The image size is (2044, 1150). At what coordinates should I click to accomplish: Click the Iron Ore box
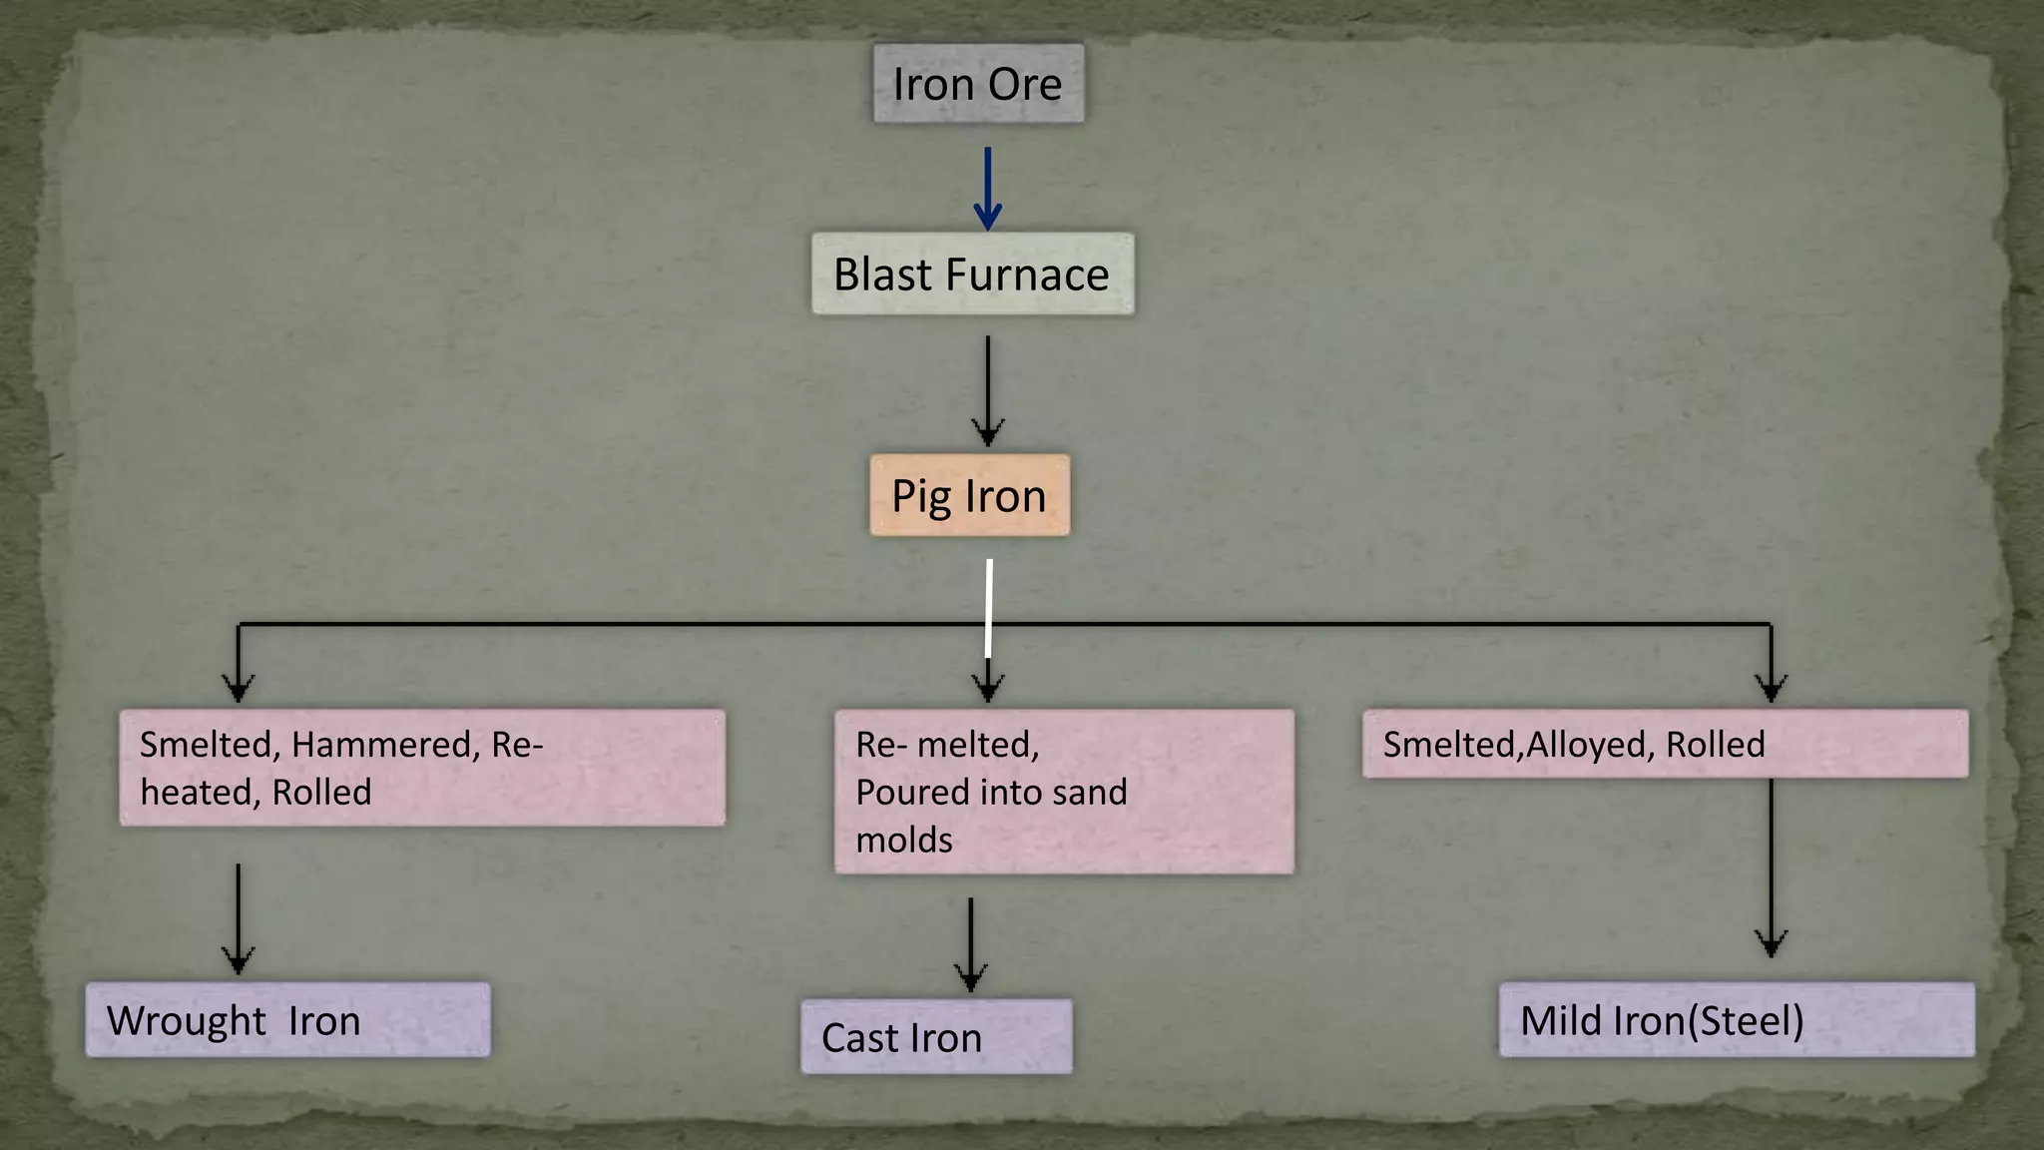pos(978,83)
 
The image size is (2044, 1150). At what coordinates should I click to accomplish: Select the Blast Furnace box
pos(972,275)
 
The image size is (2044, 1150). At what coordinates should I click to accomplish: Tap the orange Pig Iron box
pos(969,496)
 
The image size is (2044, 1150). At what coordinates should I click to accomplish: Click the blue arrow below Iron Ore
pos(987,190)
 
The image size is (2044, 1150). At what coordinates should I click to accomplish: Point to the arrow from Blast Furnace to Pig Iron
pos(987,391)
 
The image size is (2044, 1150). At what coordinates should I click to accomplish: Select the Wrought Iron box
pos(287,1020)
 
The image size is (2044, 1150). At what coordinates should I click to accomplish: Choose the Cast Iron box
pos(936,1037)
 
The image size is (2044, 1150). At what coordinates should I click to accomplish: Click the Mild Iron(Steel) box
pos(1736,1020)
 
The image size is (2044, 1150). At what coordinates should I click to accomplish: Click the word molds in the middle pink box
pos(903,840)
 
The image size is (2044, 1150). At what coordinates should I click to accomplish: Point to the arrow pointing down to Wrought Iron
pos(238,918)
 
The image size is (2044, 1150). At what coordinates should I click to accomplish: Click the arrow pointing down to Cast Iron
pos(970,944)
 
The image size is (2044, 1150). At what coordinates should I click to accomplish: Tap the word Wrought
pos(187,1021)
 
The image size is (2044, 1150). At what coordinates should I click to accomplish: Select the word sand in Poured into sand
pos(1089,793)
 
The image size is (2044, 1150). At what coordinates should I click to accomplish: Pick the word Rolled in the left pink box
pos(321,793)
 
